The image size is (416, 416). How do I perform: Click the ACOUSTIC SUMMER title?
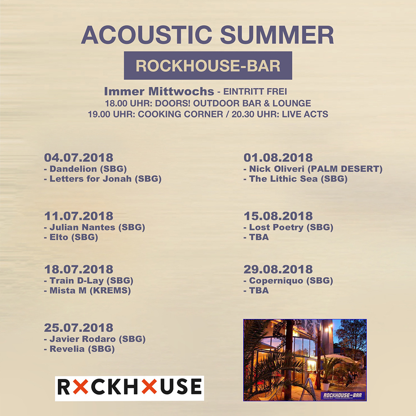208,35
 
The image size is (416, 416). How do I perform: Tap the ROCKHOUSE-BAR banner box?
208,65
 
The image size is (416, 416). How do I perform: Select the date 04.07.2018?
79,158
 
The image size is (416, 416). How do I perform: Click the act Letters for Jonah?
105,179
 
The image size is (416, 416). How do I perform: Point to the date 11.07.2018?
79,216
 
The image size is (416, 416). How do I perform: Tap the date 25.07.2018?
79,327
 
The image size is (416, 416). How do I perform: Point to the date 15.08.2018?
278,216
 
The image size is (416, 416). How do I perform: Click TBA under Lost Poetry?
259,238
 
